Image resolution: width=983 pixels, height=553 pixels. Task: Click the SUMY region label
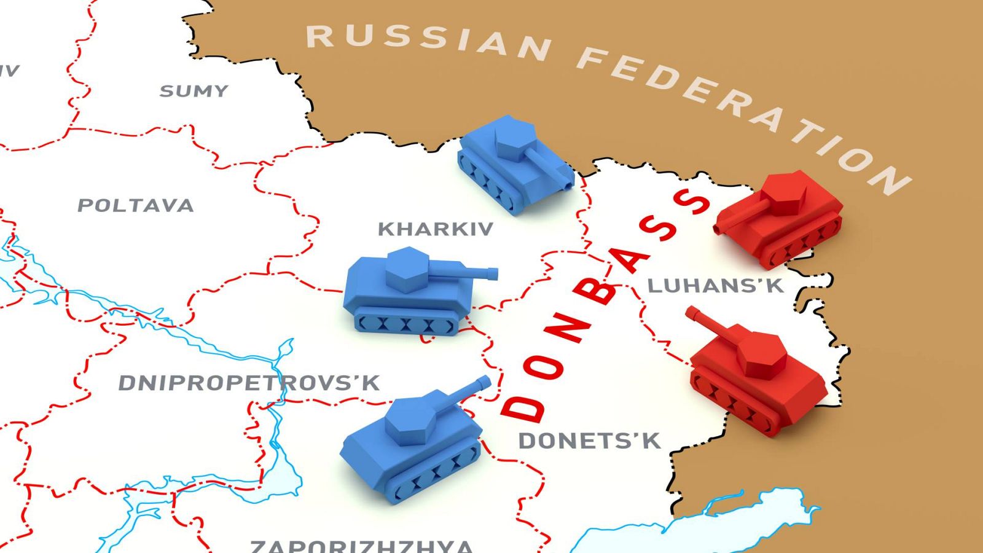[x=194, y=92]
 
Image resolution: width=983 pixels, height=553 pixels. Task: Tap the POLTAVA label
[x=135, y=205]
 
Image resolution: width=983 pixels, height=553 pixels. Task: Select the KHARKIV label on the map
[x=435, y=229]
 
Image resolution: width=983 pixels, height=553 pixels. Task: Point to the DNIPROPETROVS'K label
[x=249, y=383]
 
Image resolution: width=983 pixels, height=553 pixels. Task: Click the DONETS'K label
[x=589, y=441]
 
